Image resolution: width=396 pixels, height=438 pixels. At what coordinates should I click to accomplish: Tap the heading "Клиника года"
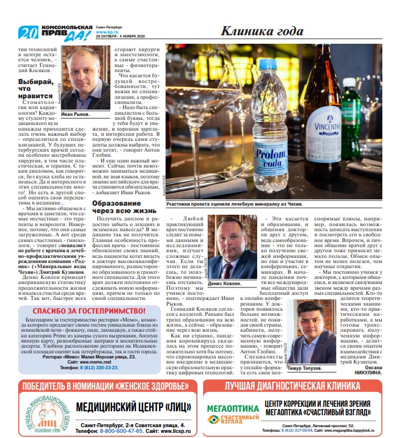coord(261,31)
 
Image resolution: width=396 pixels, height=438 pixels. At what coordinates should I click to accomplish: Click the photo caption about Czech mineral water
coord(234,203)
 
